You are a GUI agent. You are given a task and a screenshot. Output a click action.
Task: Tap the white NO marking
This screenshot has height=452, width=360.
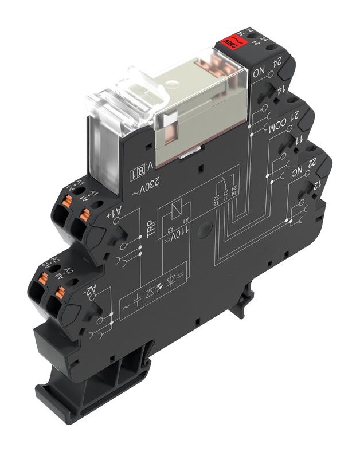click(259, 73)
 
